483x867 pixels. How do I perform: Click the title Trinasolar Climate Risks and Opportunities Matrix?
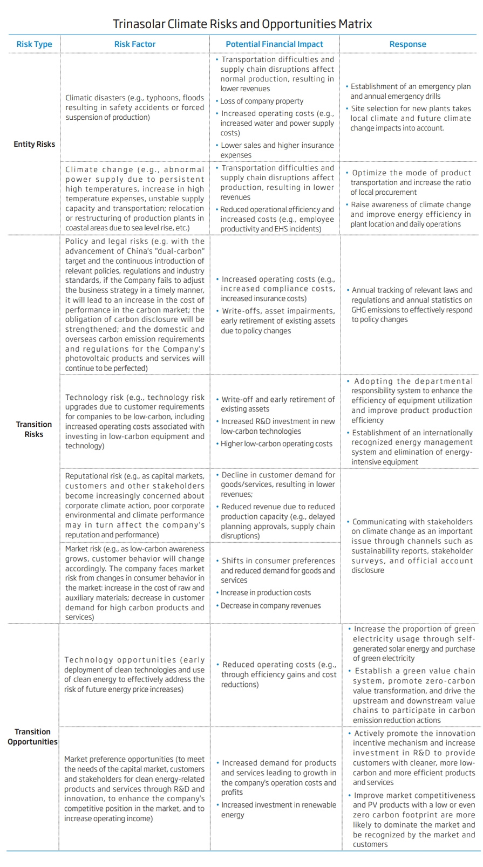click(242, 24)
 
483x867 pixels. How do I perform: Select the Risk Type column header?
click(34, 44)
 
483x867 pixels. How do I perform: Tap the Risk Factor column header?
click(135, 44)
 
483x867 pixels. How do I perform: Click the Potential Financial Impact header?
click(274, 44)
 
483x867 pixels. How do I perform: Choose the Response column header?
click(407, 44)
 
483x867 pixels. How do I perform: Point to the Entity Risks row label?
click(34, 144)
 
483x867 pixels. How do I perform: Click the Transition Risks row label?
click(34, 429)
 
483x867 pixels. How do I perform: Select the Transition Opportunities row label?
click(32, 736)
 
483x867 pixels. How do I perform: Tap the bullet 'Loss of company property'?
click(262, 101)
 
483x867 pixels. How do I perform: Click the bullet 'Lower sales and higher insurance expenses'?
click(277, 150)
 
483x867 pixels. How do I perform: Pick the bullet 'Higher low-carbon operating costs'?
click(276, 443)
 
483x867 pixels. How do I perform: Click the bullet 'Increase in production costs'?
click(266, 592)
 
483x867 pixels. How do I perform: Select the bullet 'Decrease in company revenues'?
click(270, 605)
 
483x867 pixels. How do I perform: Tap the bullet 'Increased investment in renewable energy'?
click(278, 809)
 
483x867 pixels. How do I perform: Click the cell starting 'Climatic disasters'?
click(135, 107)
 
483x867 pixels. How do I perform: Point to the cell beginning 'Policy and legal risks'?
click(135, 305)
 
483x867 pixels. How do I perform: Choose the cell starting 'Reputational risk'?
click(135, 505)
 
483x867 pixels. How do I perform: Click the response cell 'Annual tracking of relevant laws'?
click(411, 305)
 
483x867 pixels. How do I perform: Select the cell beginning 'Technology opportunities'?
click(135, 674)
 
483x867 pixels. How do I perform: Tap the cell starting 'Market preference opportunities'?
click(135, 788)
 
